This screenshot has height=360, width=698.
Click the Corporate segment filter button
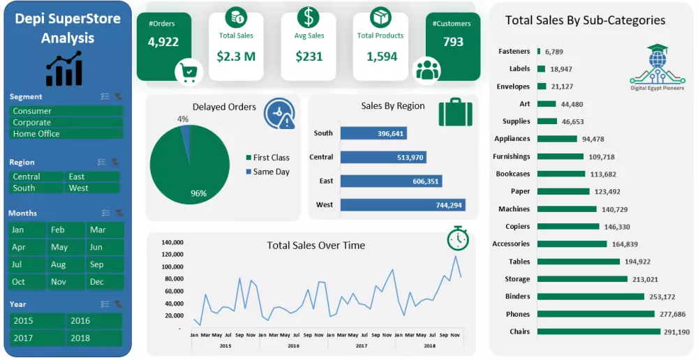pos(66,122)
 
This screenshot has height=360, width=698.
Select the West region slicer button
pos(93,188)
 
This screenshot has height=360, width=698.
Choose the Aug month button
pos(66,264)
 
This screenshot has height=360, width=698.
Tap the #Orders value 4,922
pos(163,42)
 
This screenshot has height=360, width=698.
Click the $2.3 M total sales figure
pos(236,57)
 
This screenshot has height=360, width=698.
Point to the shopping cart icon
pos(188,71)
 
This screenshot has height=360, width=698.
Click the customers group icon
pos(427,69)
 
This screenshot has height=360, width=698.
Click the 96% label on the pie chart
pos(198,193)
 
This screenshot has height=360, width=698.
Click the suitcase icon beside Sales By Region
pos(455,113)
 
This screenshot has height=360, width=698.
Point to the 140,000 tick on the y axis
pos(172,242)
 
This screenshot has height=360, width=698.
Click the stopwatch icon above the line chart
pos(458,238)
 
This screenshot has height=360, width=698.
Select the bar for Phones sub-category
pos(596,314)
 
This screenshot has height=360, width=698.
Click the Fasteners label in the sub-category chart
pos(514,51)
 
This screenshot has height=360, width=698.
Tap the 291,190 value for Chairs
pos(676,332)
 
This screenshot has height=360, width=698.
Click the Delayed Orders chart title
pos(224,107)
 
